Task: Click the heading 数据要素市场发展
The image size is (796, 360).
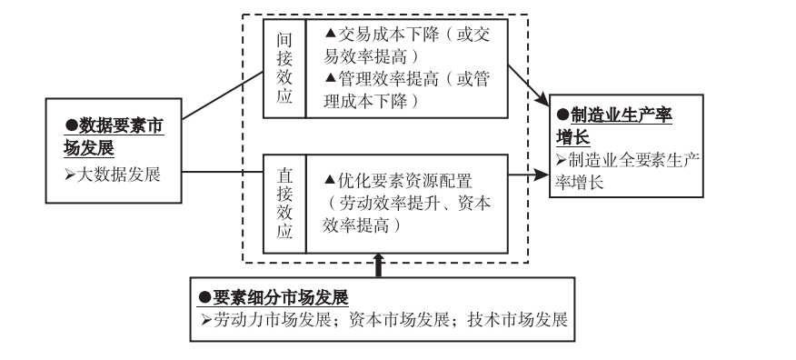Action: coord(114,137)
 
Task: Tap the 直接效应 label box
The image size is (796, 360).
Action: coord(284,204)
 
